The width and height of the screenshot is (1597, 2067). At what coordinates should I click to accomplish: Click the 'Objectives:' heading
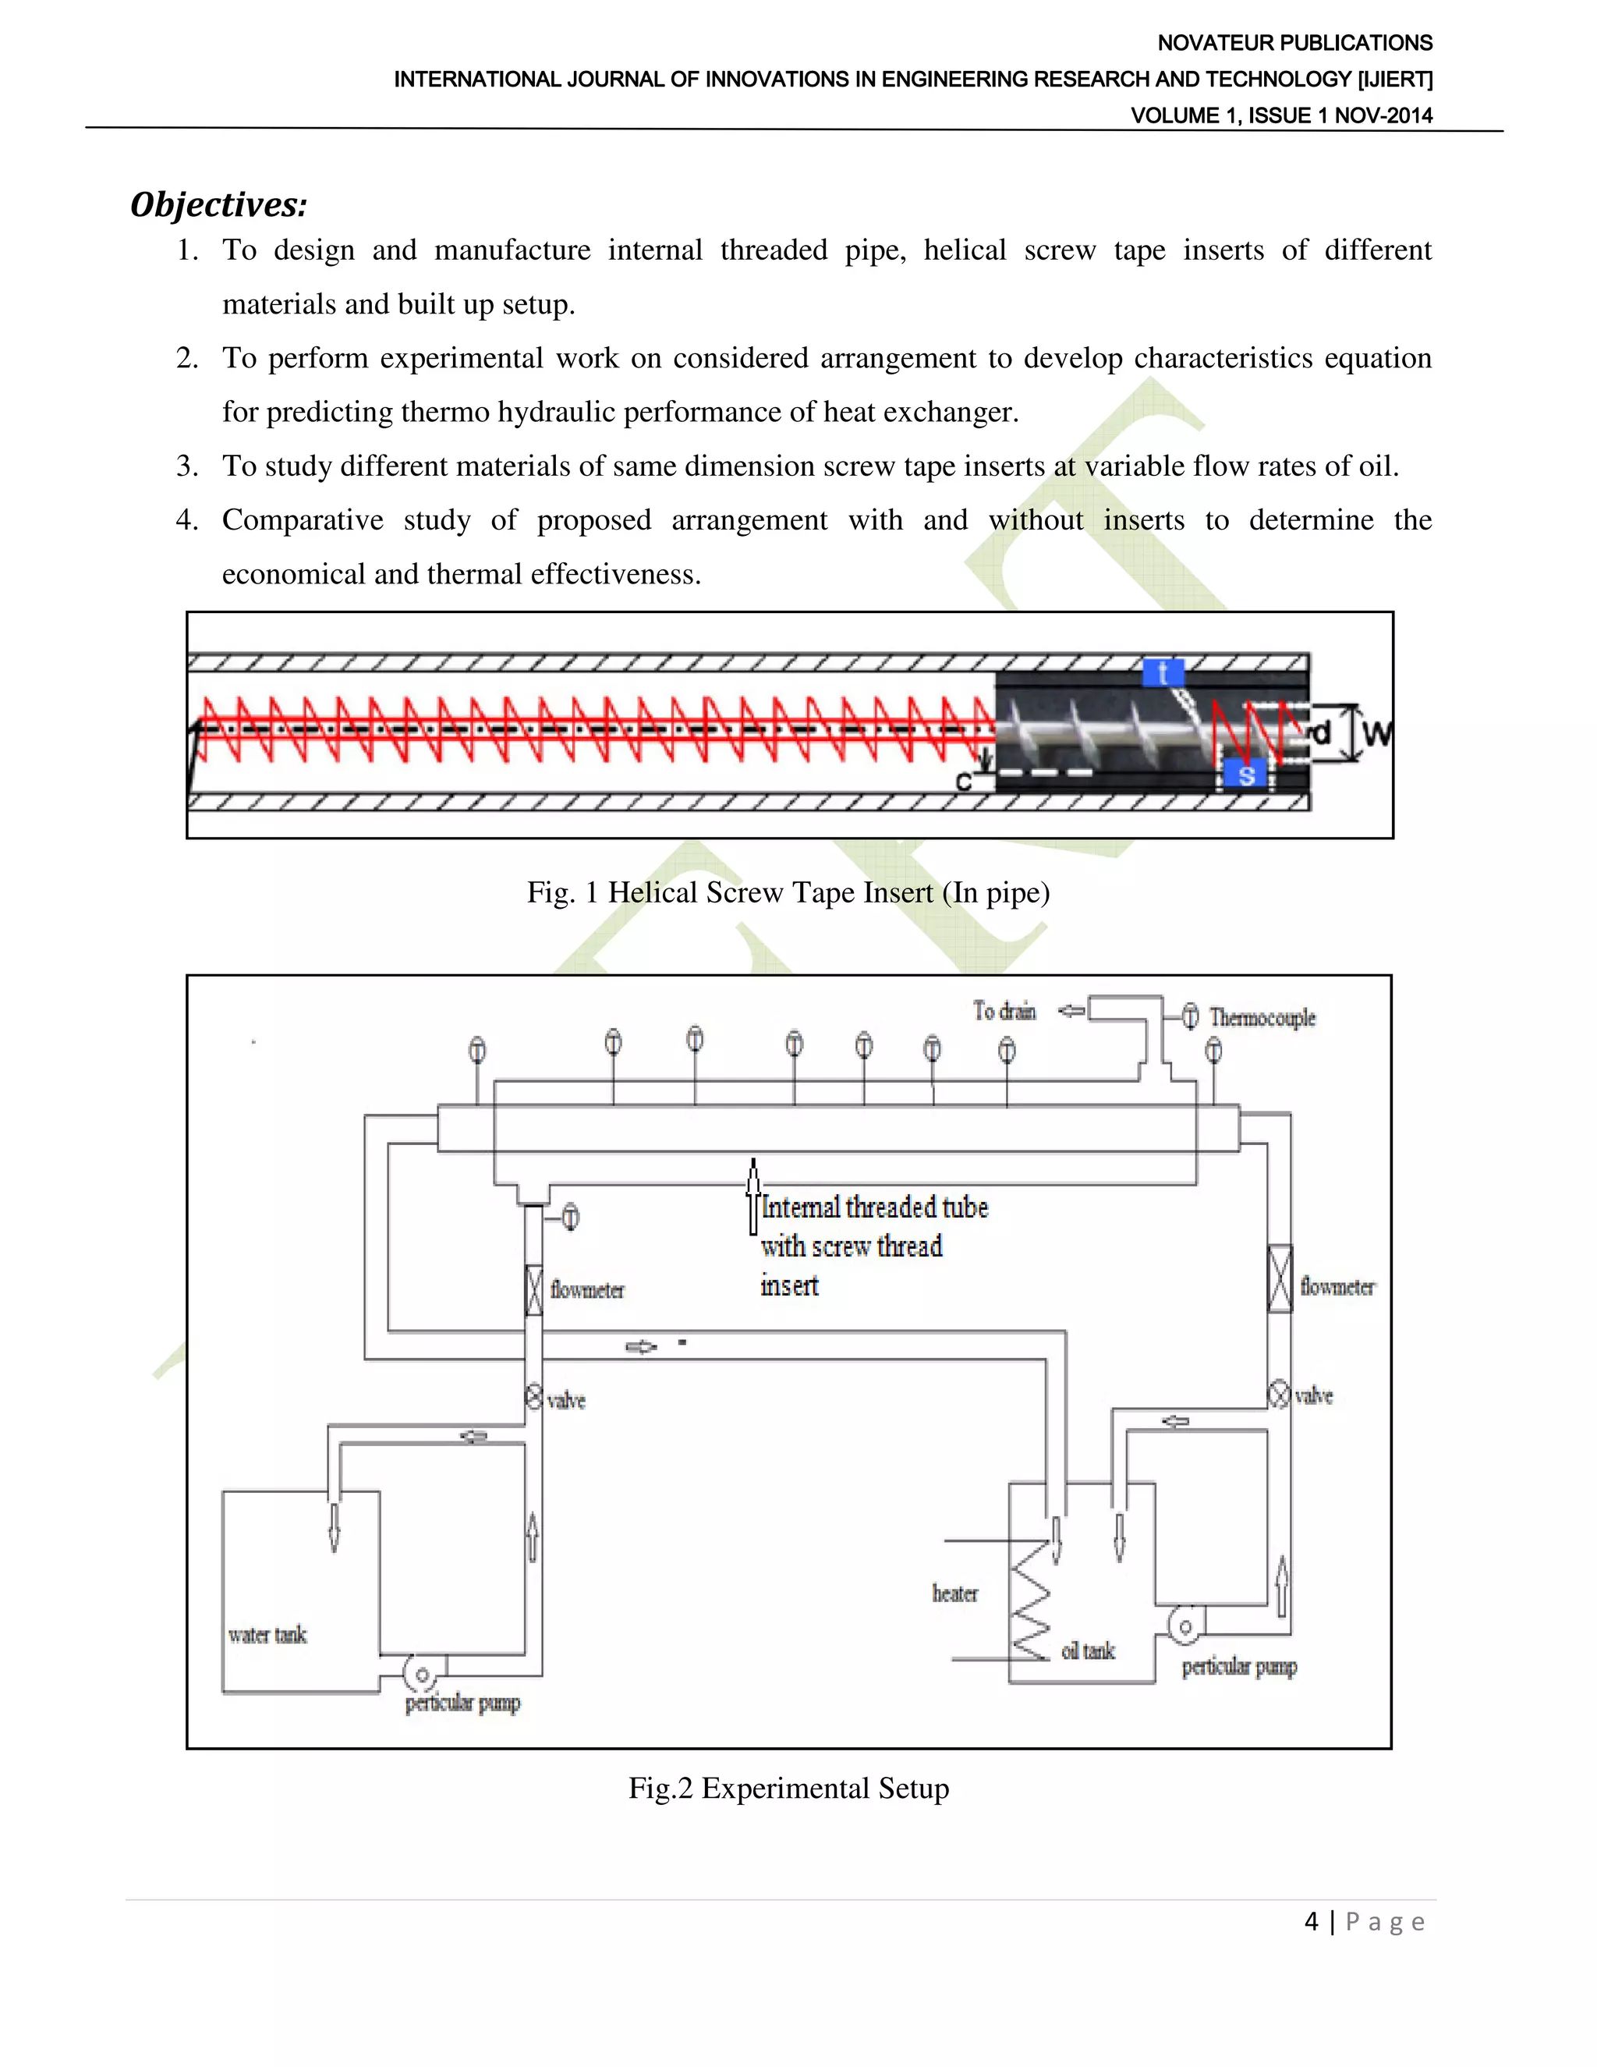pyautogui.click(x=218, y=204)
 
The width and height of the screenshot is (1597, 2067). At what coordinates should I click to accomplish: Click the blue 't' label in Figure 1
pyautogui.click(x=1162, y=673)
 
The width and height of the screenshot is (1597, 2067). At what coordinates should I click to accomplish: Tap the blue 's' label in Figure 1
pyautogui.click(x=1245, y=775)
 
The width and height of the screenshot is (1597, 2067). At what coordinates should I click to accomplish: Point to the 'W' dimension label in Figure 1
pyautogui.click(x=1378, y=733)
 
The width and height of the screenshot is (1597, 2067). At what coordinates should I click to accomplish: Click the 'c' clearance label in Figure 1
pyautogui.click(x=963, y=782)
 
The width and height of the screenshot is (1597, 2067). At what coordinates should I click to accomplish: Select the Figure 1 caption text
pyautogui.click(x=788, y=892)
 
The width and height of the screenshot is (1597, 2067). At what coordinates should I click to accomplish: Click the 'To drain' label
pyautogui.click(x=1004, y=1011)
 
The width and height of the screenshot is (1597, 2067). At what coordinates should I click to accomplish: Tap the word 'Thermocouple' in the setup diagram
pyautogui.click(x=1262, y=1017)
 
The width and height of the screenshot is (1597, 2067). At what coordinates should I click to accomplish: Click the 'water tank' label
pyautogui.click(x=267, y=1634)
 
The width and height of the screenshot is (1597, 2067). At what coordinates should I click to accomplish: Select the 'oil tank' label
pyautogui.click(x=1088, y=1650)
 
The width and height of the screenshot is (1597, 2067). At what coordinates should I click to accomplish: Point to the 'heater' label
pyautogui.click(x=954, y=1593)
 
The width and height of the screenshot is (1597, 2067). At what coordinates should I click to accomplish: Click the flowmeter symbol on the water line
pyautogui.click(x=533, y=1289)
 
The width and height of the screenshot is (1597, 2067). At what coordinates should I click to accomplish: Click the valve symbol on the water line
pyautogui.click(x=533, y=1397)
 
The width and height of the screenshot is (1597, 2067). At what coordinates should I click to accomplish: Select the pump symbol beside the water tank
pyautogui.click(x=421, y=1674)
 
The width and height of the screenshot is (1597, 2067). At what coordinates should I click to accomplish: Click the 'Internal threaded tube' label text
pyautogui.click(x=874, y=1207)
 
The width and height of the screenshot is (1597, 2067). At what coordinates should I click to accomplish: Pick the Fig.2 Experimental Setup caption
pyautogui.click(x=788, y=1788)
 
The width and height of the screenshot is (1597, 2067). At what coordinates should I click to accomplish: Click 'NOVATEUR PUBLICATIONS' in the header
pyautogui.click(x=1294, y=43)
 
